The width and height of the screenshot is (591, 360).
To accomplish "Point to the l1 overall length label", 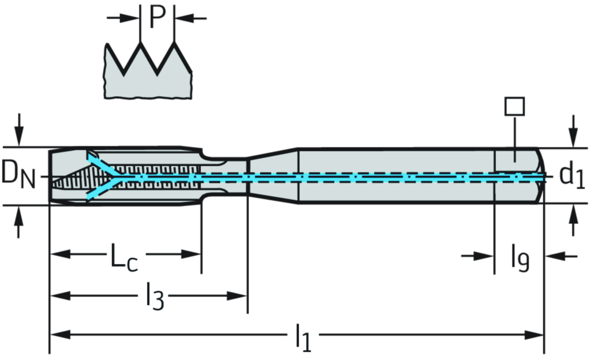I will coord(303,336).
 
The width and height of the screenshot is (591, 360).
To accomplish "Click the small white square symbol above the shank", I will coord(514,106).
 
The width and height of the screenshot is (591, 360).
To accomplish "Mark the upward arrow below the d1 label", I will coord(573,218).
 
